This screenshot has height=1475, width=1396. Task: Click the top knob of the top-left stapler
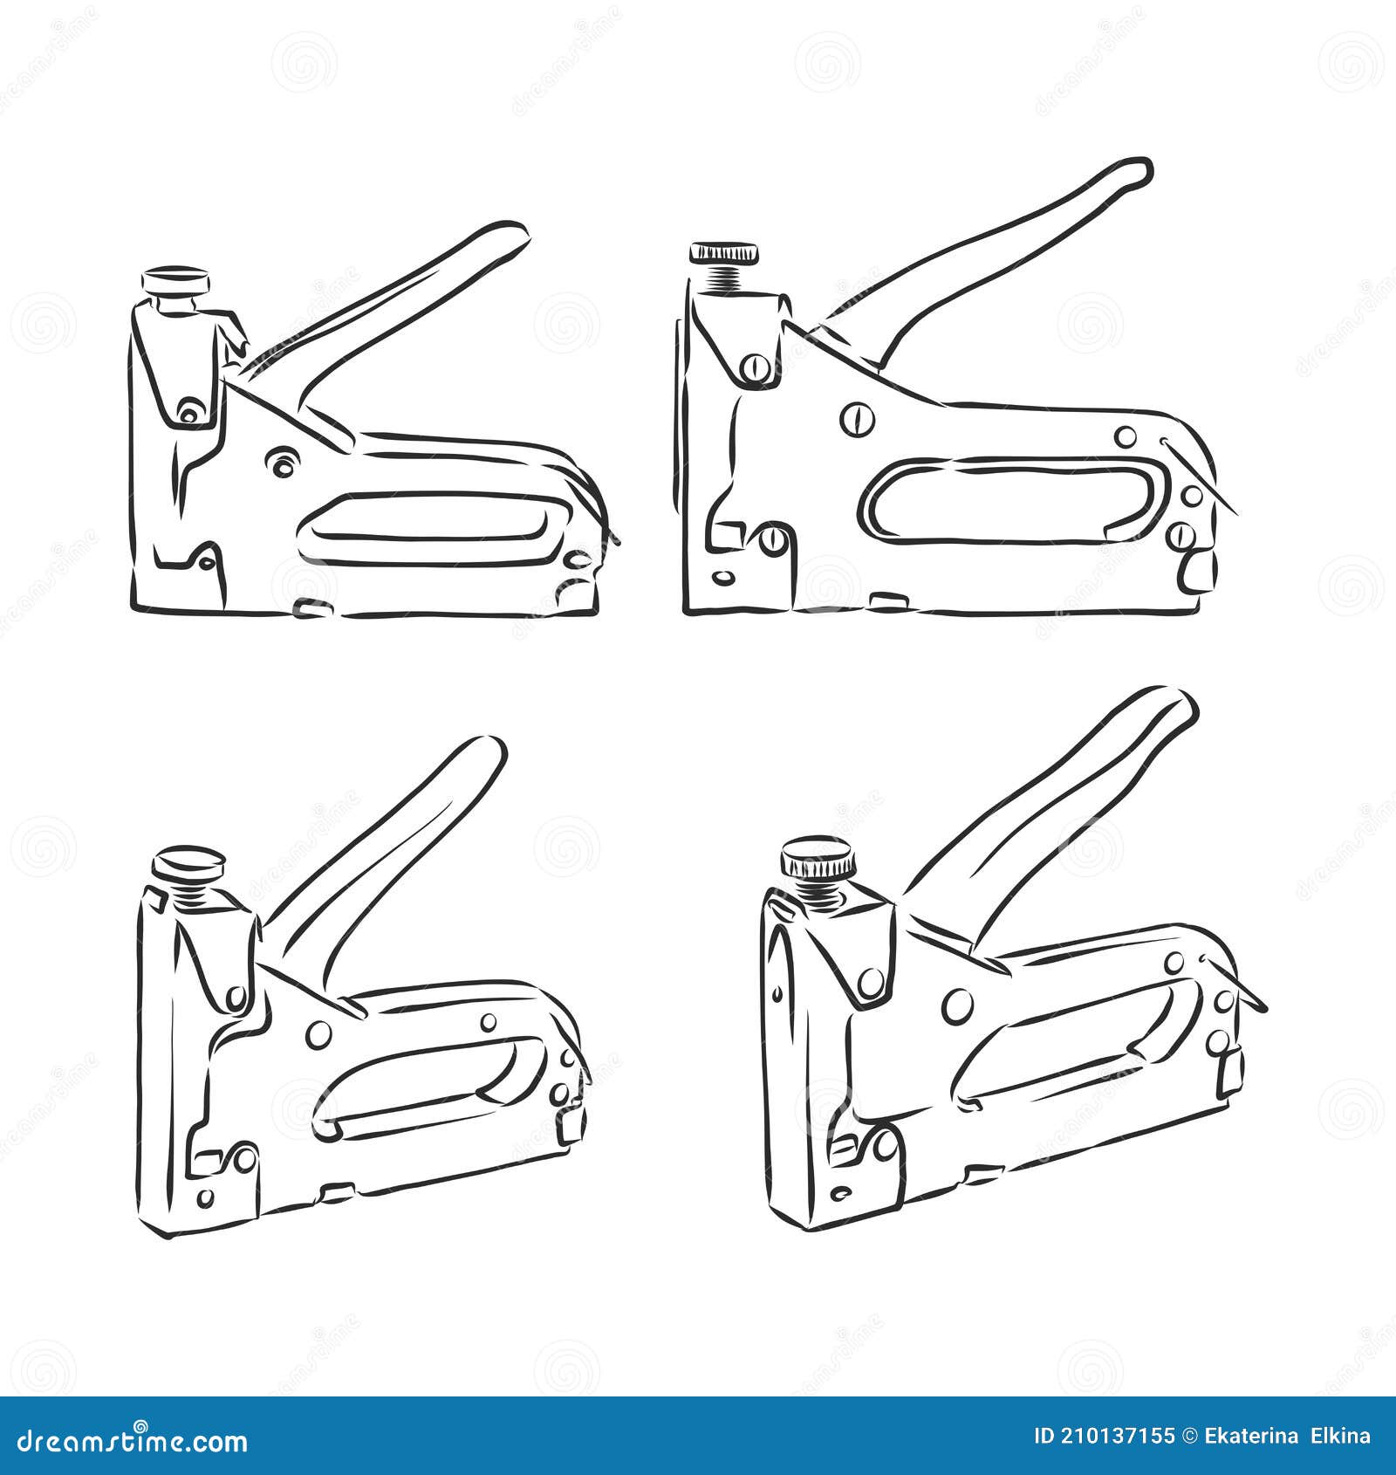(176, 281)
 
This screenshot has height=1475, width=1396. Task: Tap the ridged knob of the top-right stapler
(723, 253)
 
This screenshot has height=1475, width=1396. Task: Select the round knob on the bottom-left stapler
(188, 863)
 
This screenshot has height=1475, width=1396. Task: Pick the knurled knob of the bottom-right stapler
(818, 857)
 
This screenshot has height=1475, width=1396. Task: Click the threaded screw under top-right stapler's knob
(724, 279)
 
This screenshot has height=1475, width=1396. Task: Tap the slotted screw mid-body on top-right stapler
(857, 419)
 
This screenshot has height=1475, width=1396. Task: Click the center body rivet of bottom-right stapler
(957, 1005)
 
